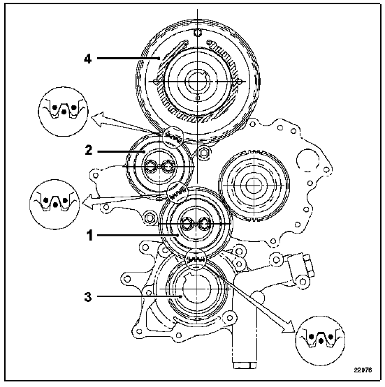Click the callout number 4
point(88,59)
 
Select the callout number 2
point(88,151)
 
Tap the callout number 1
point(89,235)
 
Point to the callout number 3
point(88,297)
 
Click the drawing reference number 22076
point(363,370)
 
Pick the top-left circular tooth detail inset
point(64,112)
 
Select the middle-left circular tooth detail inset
point(55,204)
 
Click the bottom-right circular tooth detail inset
point(320,340)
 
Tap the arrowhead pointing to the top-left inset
point(98,119)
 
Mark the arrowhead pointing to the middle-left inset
point(88,202)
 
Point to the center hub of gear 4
point(197,81)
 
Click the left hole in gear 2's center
point(150,167)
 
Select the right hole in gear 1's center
point(205,224)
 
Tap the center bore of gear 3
point(196,288)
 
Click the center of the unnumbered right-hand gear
point(254,185)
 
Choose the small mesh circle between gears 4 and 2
point(173,137)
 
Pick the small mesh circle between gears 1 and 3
point(196,259)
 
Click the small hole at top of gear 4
point(197,32)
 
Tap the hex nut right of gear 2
point(203,153)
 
